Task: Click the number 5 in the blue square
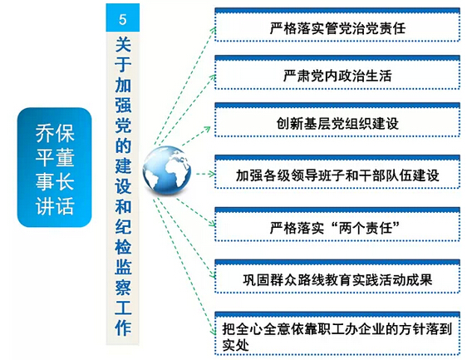pos(122,20)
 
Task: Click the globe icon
pos(167,170)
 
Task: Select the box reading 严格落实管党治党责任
pos(337,25)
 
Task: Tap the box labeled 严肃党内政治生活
pos(337,72)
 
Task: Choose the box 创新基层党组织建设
pos(337,120)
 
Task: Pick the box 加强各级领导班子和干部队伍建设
pos(337,172)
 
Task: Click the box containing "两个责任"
pos(337,224)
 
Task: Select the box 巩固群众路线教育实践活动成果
pos(337,276)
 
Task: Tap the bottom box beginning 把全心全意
pos(337,333)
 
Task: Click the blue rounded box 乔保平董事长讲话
pos(55,167)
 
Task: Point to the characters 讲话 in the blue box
pos(55,206)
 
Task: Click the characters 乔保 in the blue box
pos(55,134)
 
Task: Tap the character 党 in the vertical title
pos(123,126)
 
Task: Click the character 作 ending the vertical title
pos(123,328)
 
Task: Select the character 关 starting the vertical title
pos(123,45)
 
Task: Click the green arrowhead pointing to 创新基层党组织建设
pos(207,130)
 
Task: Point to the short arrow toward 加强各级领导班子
pos(205,174)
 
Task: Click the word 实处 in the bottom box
pos(236,345)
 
